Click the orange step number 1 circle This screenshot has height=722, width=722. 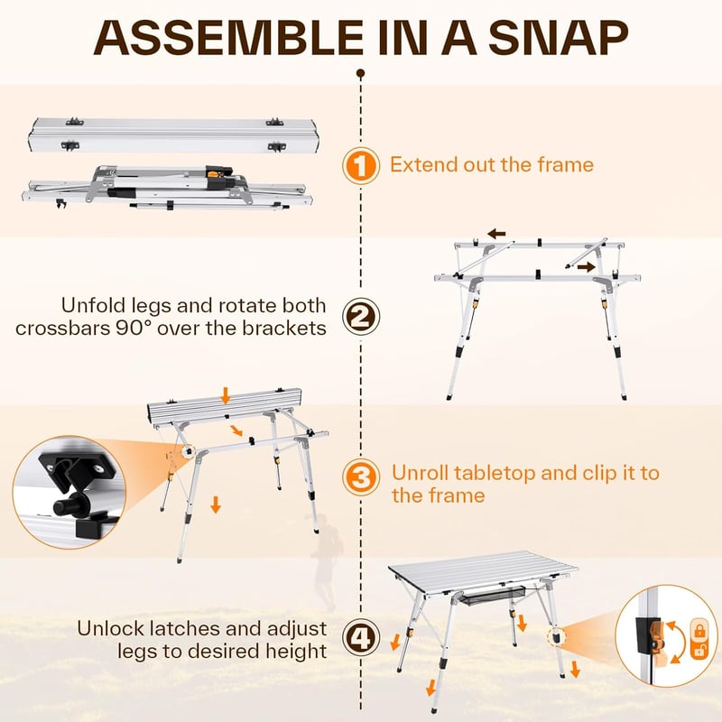click(361, 165)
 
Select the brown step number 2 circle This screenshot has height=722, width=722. click(361, 317)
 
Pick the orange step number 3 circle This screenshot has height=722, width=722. click(361, 477)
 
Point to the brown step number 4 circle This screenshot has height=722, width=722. click(361, 638)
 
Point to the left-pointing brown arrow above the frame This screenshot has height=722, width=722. click(497, 234)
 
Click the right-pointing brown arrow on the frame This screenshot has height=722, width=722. click(586, 266)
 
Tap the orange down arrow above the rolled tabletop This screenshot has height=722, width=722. click(225, 395)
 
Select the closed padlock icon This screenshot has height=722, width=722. click(699, 630)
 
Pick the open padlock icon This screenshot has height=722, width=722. click(699, 650)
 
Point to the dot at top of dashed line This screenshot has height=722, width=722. click(361, 73)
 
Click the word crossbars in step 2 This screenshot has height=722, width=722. click(62, 328)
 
